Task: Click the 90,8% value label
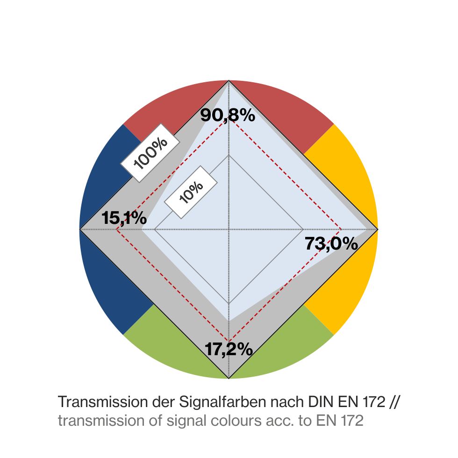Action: tap(228, 115)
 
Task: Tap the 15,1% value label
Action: tap(124, 218)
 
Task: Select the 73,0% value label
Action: tap(331, 244)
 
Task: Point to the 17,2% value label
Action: tap(229, 349)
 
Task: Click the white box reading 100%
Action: tap(151, 153)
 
